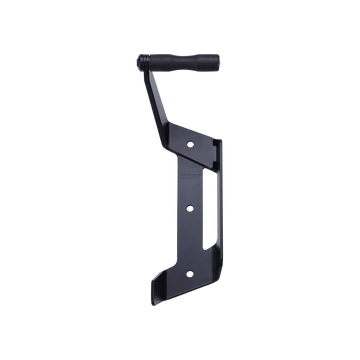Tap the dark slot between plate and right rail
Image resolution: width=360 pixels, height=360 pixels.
[211, 200]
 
